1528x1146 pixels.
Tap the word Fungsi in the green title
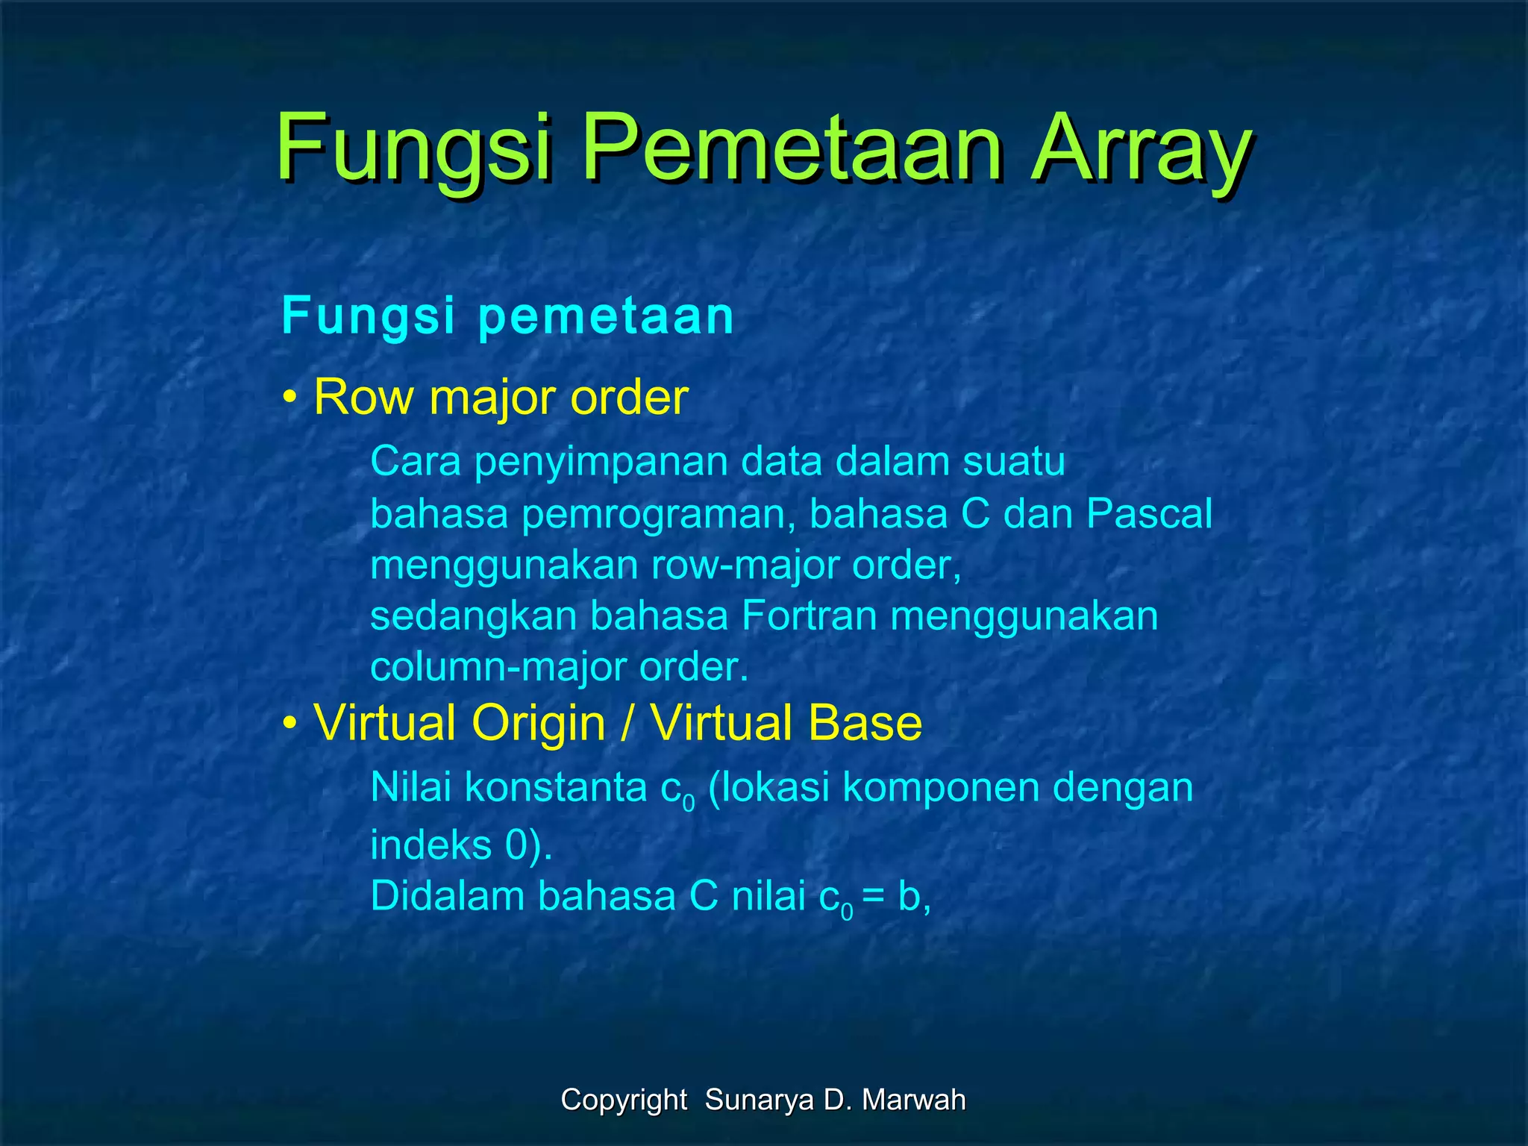415,149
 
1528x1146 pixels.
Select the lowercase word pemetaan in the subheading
606,316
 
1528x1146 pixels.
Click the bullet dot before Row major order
289,398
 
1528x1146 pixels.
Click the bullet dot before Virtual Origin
289,724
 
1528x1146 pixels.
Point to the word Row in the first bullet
363,397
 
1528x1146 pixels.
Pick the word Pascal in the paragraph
1149,514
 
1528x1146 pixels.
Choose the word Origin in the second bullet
538,724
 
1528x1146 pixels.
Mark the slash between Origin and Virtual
627,724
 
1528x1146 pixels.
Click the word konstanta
556,788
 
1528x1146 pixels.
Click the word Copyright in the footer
624,1100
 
